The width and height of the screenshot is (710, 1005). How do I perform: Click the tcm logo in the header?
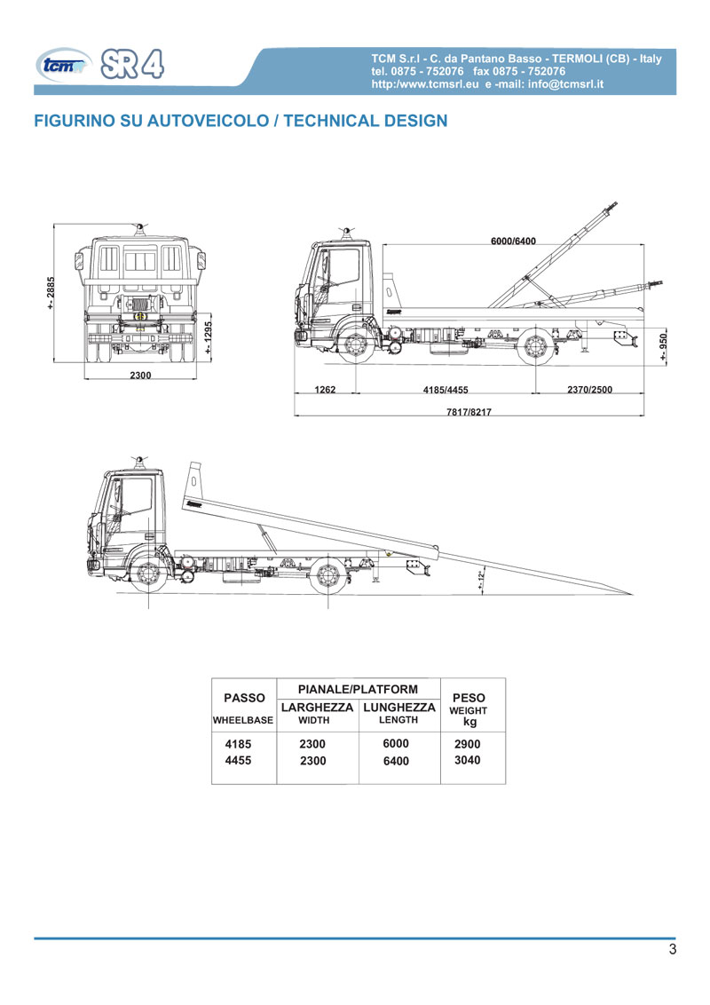point(63,66)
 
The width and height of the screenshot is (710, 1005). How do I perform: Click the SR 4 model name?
point(132,64)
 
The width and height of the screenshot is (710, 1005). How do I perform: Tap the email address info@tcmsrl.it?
point(566,84)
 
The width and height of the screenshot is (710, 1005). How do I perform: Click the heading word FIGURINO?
point(75,121)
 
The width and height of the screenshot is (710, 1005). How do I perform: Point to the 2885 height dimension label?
point(50,293)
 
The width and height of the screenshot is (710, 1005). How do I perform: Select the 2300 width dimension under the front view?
point(140,375)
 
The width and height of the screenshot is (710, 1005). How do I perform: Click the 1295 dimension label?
point(209,337)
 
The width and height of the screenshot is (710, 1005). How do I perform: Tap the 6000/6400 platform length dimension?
point(513,241)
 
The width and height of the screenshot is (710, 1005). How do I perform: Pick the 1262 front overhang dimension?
point(325,389)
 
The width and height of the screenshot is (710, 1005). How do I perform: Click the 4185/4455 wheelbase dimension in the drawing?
point(446,389)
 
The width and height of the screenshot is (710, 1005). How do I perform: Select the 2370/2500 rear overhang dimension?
point(589,389)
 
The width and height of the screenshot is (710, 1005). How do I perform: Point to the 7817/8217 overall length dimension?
point(469,411)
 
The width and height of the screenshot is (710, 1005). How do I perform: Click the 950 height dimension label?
point(663,346)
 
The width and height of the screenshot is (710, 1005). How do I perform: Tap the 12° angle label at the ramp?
point(480,580)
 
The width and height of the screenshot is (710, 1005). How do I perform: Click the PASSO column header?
point(244,698)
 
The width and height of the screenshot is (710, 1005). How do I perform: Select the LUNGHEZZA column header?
point(399,708)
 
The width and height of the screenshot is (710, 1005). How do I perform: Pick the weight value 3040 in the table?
point(467,760)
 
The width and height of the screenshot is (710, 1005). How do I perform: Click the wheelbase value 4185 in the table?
point(238,744)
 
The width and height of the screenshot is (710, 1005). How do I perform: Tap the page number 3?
point(672,949)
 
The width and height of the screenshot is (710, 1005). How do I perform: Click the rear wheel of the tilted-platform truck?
point(328,575)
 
